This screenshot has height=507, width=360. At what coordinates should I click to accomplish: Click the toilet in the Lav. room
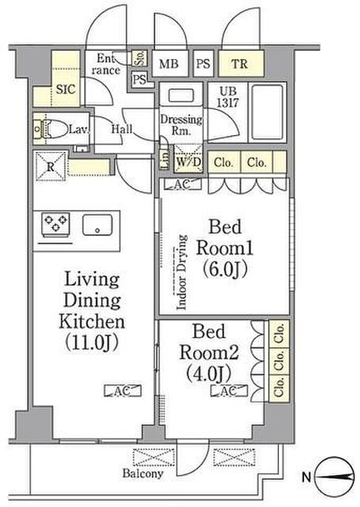53,129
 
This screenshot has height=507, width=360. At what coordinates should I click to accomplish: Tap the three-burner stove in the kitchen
55,223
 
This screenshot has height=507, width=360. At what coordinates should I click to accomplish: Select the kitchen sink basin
98,225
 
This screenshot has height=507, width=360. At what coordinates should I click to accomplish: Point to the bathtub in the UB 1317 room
267,112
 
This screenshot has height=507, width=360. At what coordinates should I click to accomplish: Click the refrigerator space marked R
51,167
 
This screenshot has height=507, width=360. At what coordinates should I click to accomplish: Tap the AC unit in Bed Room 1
183,184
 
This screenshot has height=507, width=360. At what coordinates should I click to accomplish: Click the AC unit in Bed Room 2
229,391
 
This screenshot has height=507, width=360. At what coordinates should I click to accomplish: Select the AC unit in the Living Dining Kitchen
123,391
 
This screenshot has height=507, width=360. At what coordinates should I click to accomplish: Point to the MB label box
169,63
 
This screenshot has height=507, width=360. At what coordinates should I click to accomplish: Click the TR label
240,64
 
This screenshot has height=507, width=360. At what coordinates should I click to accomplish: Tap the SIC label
65,89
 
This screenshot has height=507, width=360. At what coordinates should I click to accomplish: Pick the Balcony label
143,474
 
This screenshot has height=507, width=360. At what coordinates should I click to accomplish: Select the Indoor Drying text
182,273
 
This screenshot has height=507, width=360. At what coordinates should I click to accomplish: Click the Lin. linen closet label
165,159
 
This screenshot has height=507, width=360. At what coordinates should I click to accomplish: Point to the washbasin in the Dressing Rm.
181,96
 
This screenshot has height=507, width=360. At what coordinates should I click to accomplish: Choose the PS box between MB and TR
203,63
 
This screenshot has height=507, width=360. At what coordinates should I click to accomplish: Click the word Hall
122,129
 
